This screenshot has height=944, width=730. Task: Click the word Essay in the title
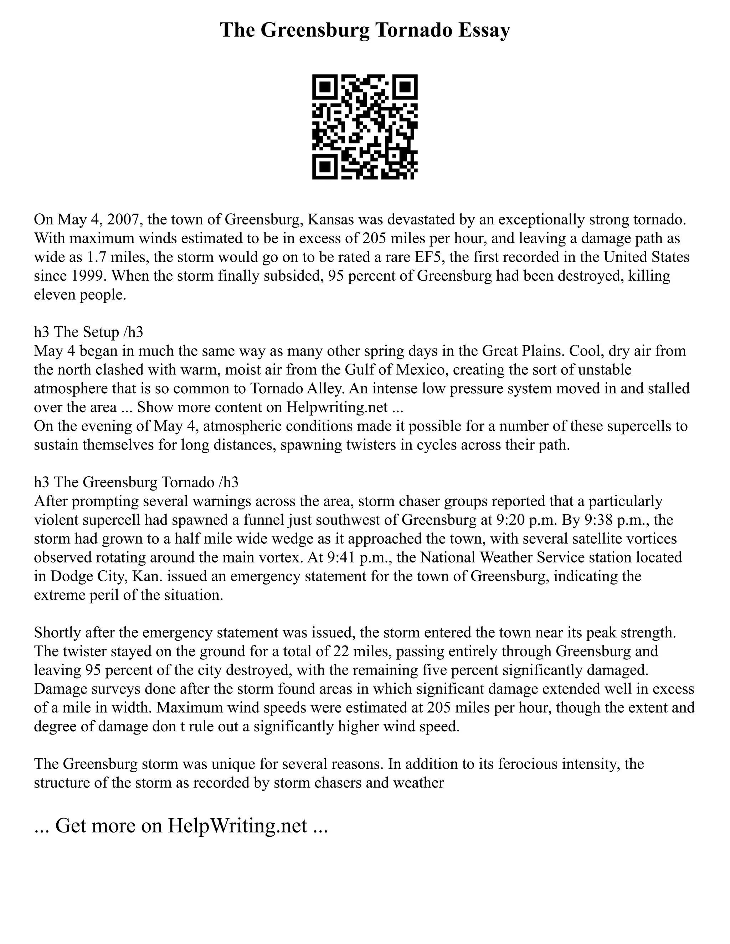point(484,30)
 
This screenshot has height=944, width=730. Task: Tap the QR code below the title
point(365,127)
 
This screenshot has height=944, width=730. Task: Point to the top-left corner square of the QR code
point(324,87)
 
